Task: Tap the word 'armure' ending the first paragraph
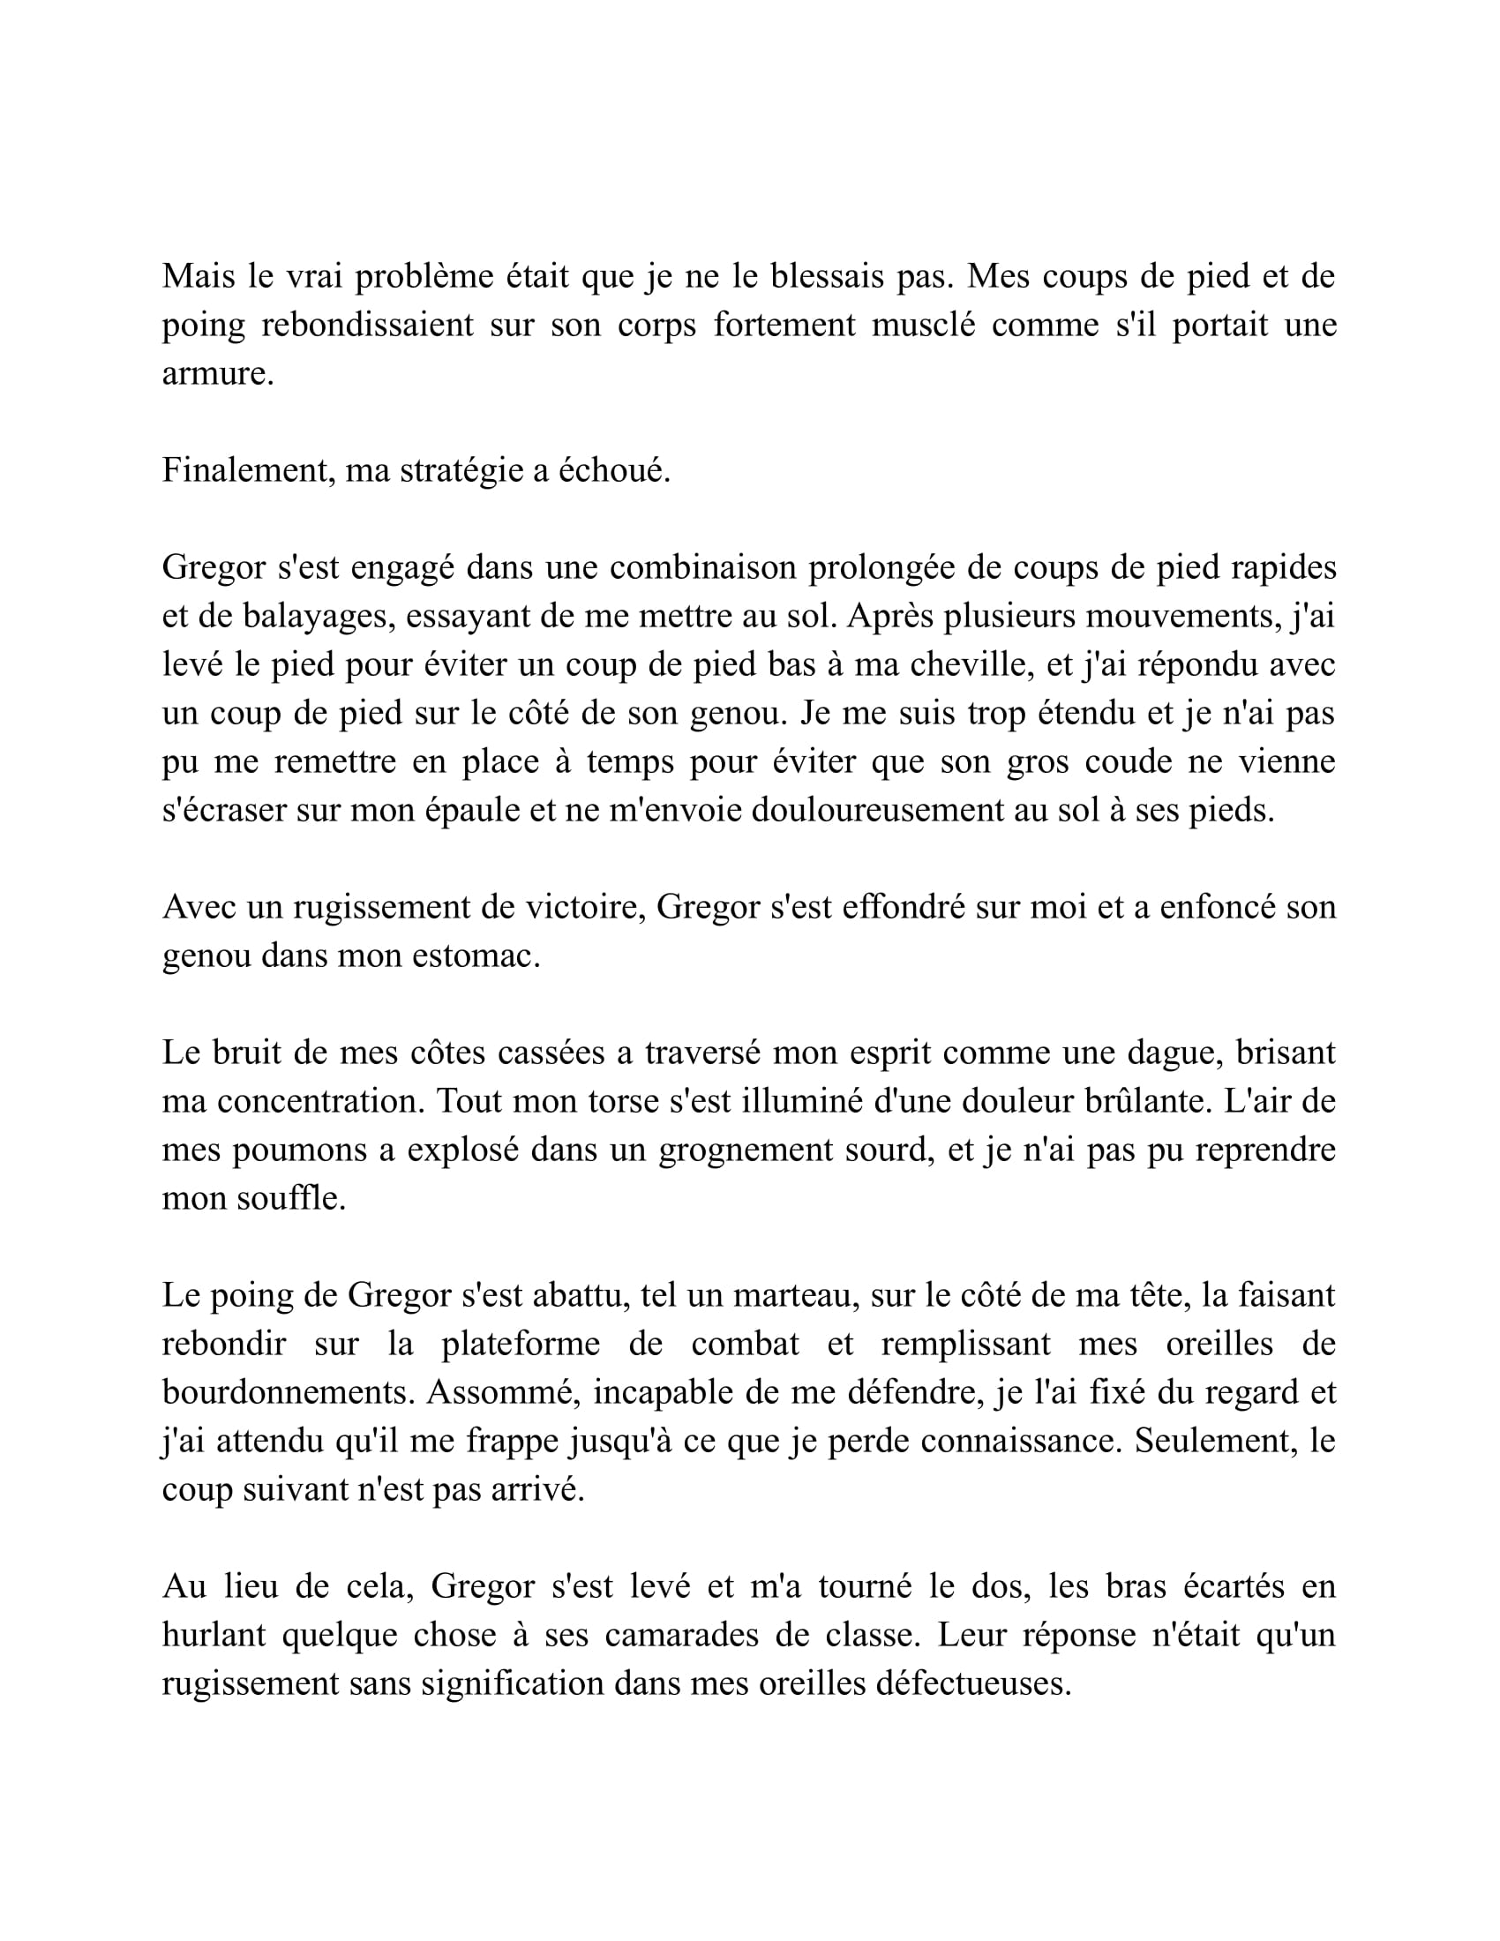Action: tap(214, 374)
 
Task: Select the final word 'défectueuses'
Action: tap(973, 1683)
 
